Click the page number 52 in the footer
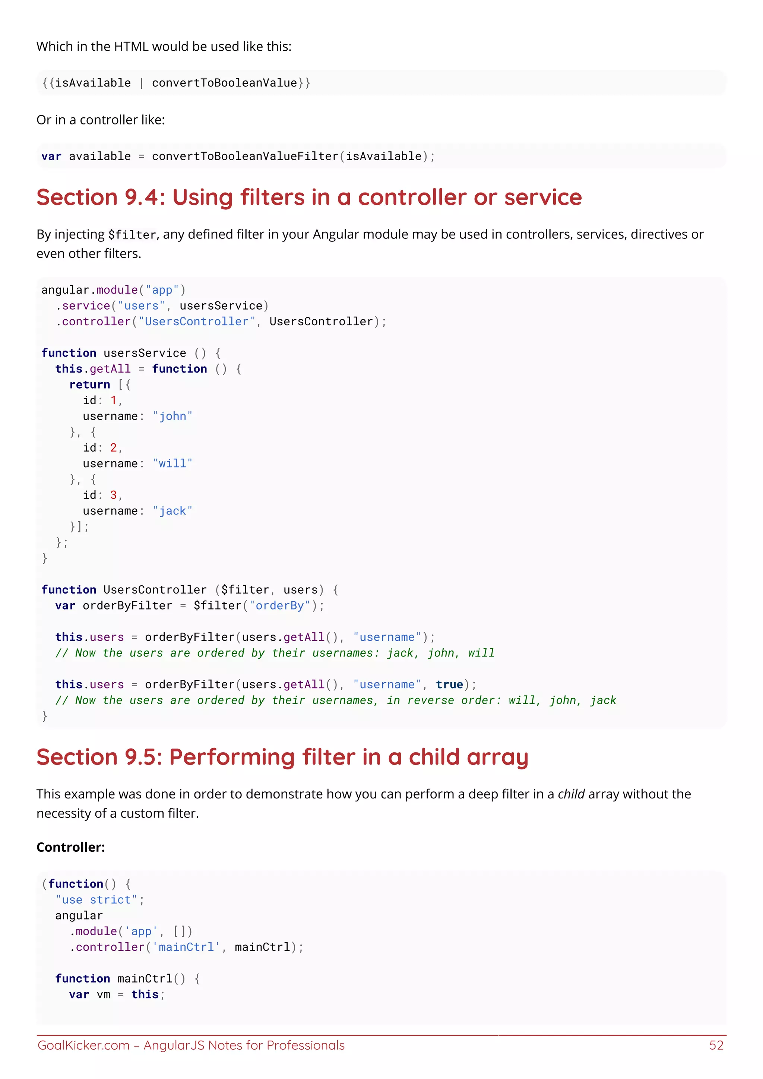tap(716, 1045)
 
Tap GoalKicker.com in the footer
tap(83, 1045)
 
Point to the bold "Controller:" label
tap(71, 847)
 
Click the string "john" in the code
tap(172, 417)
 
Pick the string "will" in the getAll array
tap(172, 464)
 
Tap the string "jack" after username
tap(172, 511)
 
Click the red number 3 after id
tap(113, 495)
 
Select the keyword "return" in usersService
tap(90, 385)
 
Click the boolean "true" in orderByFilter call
tap(449, 685)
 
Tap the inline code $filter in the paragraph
tap(132, 234)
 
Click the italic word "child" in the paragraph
tap(571, 794)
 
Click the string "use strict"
tap(96, 900)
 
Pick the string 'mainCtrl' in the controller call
tap(187, 947)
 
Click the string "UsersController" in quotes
tap(196, 322)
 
